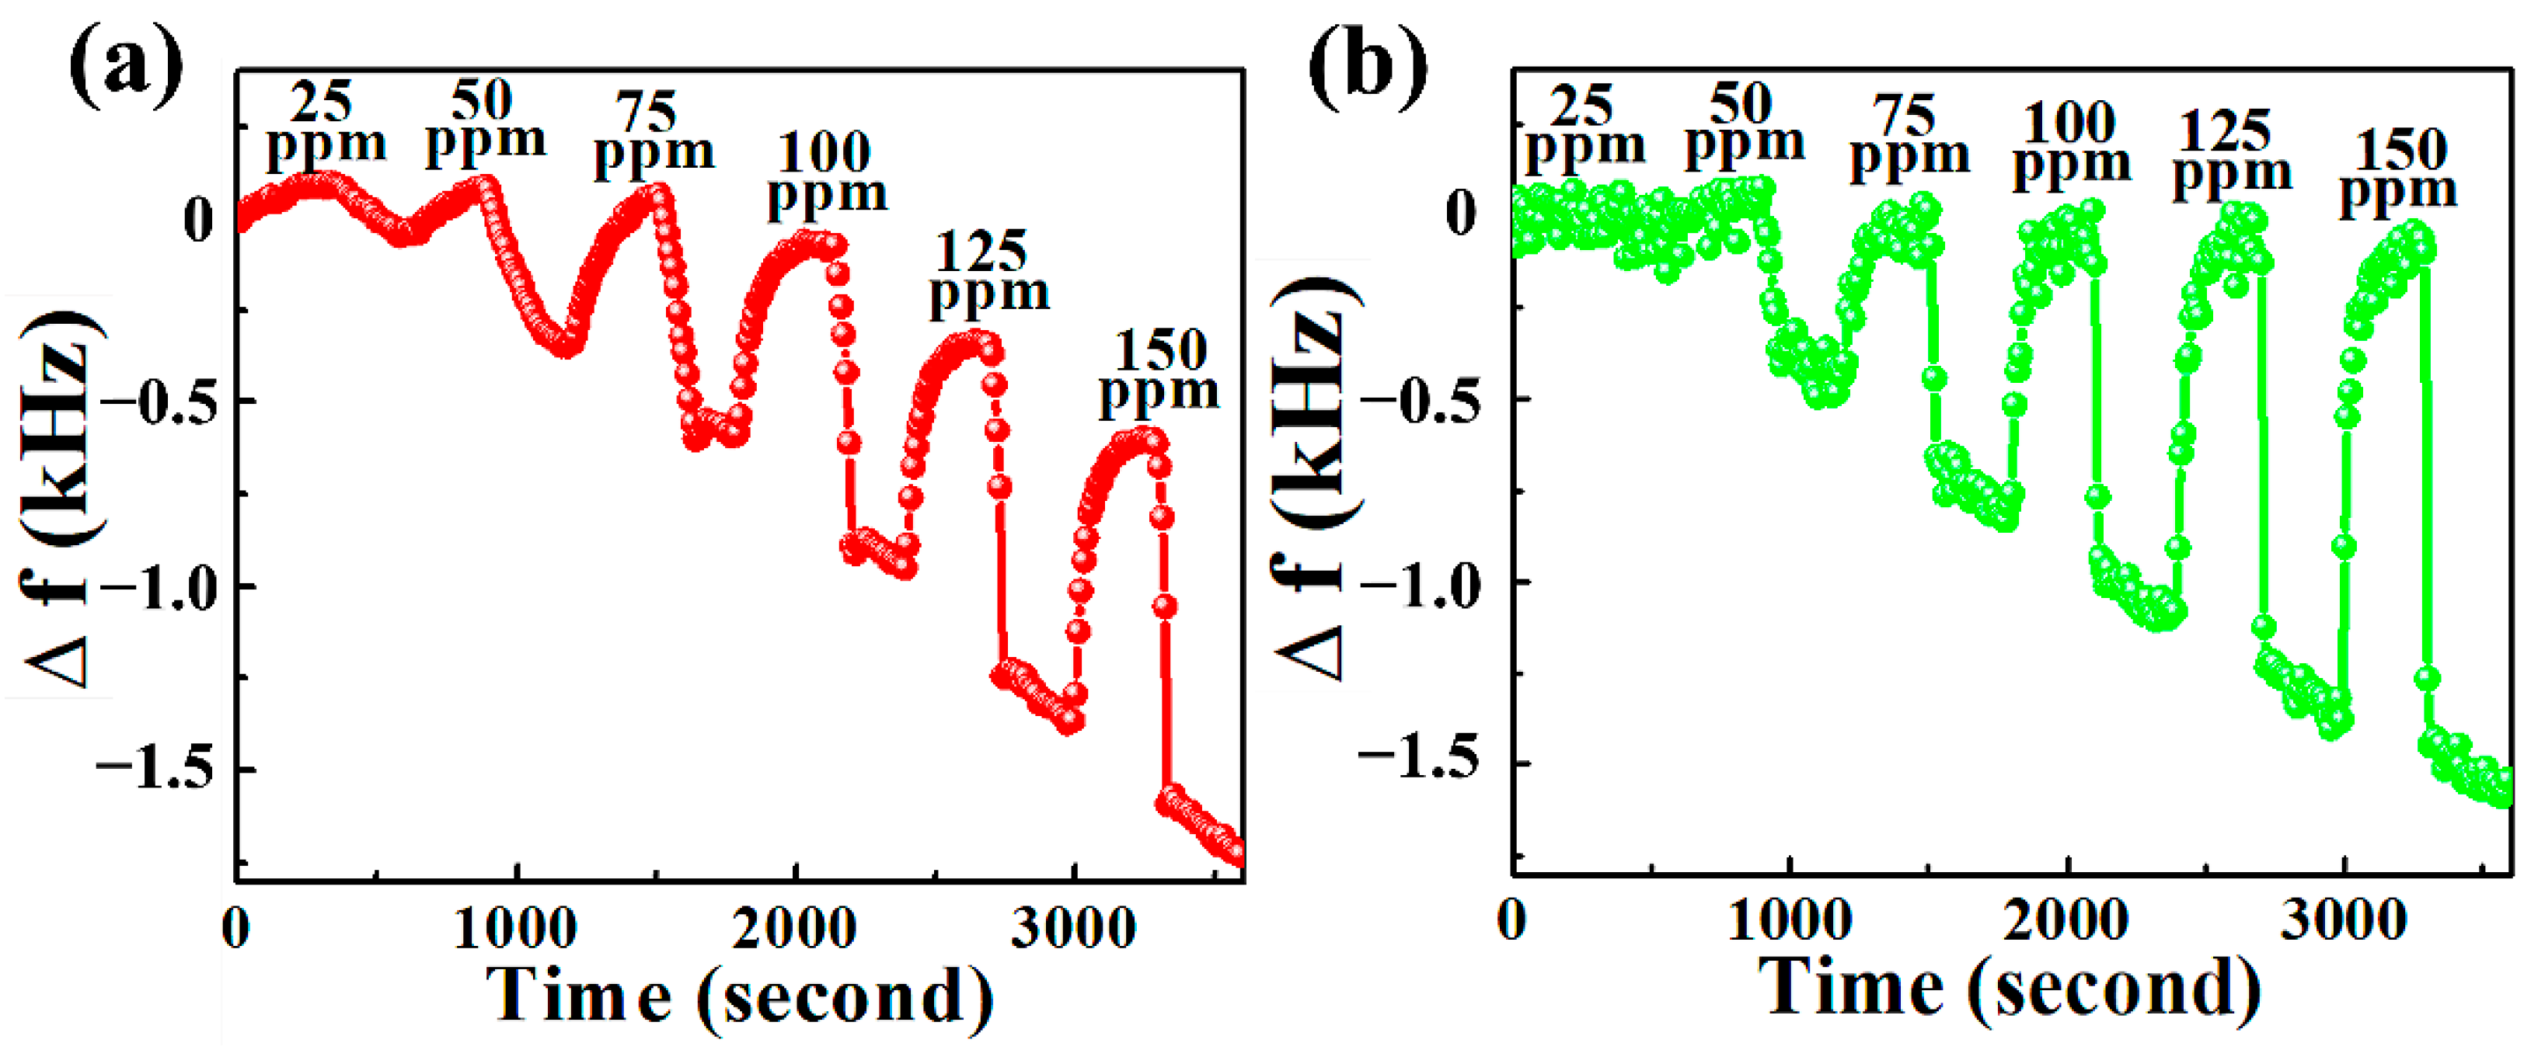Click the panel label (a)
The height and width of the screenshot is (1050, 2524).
pos(125,67)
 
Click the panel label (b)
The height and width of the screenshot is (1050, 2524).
pos(1368,67)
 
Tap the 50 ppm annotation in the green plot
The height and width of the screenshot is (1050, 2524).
pos(1743,123)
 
